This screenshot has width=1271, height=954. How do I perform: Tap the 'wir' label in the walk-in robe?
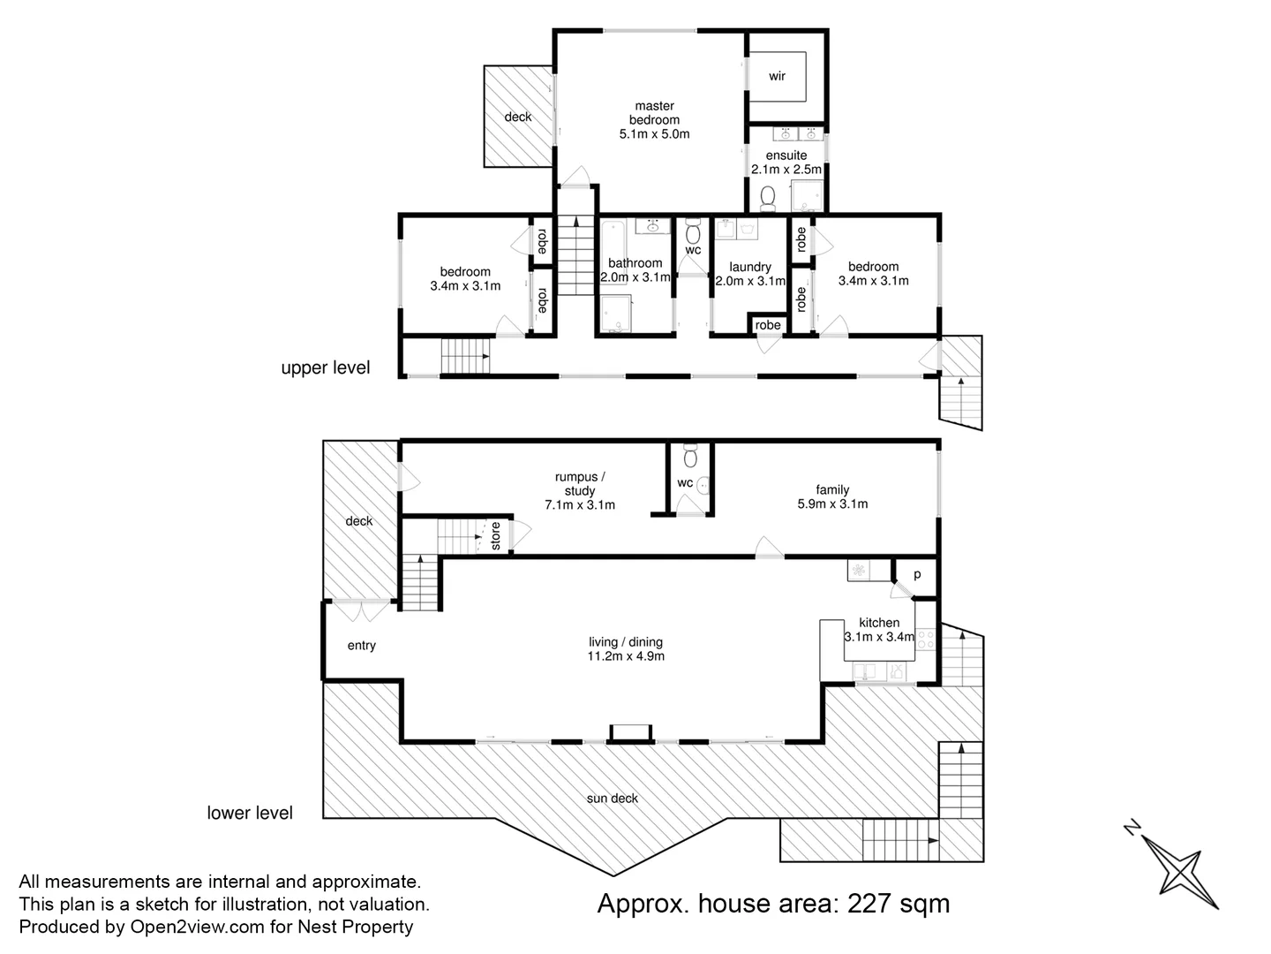tap(777, 77)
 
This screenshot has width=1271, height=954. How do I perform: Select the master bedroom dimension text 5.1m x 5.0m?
tap(654, 134)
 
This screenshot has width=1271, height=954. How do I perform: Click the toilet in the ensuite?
tap(766, 198)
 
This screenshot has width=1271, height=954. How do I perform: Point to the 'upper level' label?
tap(325, 368)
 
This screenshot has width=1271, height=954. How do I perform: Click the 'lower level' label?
tap(250, 813)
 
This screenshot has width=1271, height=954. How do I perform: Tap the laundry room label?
tap(750, 267)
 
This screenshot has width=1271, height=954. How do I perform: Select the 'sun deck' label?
tap(613, 799)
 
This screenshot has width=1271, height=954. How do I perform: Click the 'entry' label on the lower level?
tap(361, 646)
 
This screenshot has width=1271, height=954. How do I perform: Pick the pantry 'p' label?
tap(917, 574)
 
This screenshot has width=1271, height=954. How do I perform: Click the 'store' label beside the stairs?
tap(495, 536)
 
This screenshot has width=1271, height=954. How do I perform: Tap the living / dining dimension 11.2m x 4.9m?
tap(626, 656)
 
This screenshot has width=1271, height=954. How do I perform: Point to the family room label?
tap(832, 489)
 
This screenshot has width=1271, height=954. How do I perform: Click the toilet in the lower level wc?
tap(690, 456)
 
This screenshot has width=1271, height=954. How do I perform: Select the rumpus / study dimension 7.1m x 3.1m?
tap(580, 505)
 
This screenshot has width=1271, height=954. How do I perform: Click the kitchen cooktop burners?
tap(926, 639)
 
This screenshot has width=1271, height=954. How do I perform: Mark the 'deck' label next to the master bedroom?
tap(518, 117)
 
